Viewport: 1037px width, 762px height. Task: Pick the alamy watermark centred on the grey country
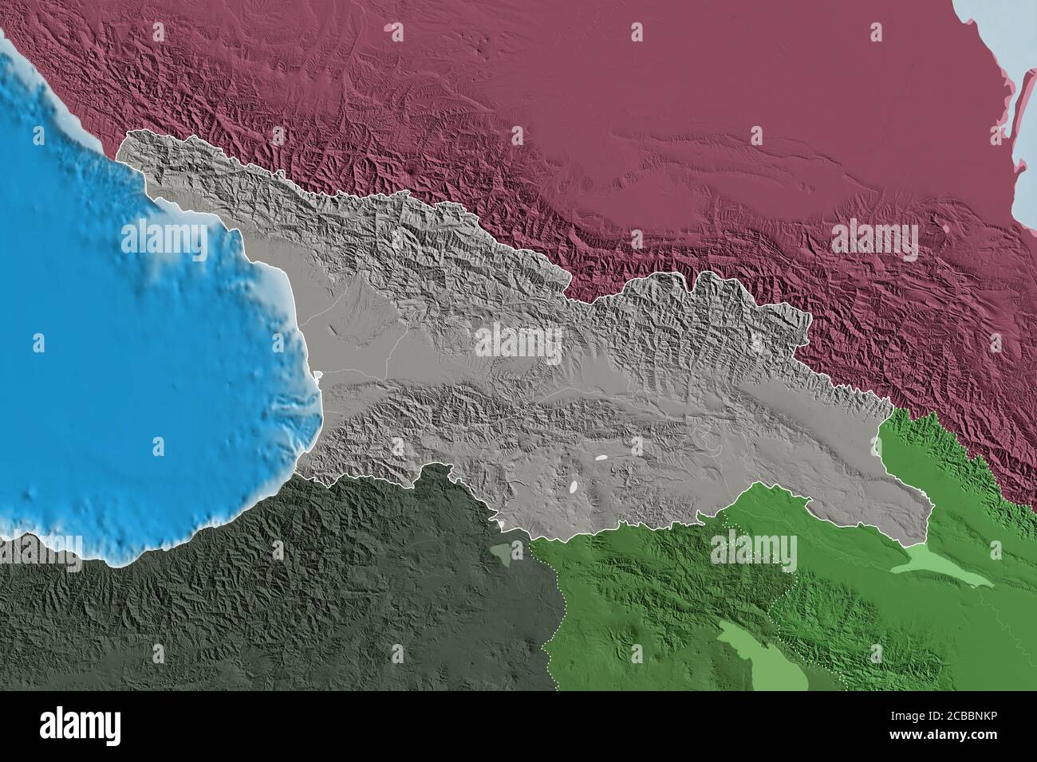point(518,341)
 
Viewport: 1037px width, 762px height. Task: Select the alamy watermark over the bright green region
point(752,551)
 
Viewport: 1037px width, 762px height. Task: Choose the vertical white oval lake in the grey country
point(574,485)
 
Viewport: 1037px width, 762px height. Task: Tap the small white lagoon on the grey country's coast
point(318,375)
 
